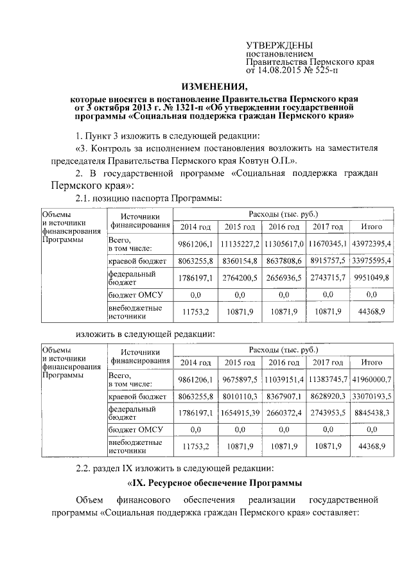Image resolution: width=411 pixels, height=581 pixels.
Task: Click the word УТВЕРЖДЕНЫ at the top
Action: (x=280, y=46)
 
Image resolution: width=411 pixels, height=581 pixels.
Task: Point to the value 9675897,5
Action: (x=240, y=379)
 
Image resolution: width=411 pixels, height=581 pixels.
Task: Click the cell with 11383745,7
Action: (x=328, y=379)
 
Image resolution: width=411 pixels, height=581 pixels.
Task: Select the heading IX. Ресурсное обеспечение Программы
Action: (x=213, y=482)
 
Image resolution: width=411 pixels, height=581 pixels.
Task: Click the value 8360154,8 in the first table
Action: (x=240, y=261)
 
